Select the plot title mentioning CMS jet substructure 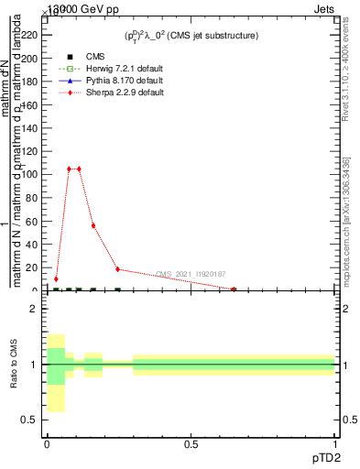tap(191, 35)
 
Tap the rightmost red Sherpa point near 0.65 tap(234, 289)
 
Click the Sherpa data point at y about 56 tap(93, 225)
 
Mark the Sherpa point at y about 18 tap(117, 269)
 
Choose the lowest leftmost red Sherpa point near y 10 tap(56, 278)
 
